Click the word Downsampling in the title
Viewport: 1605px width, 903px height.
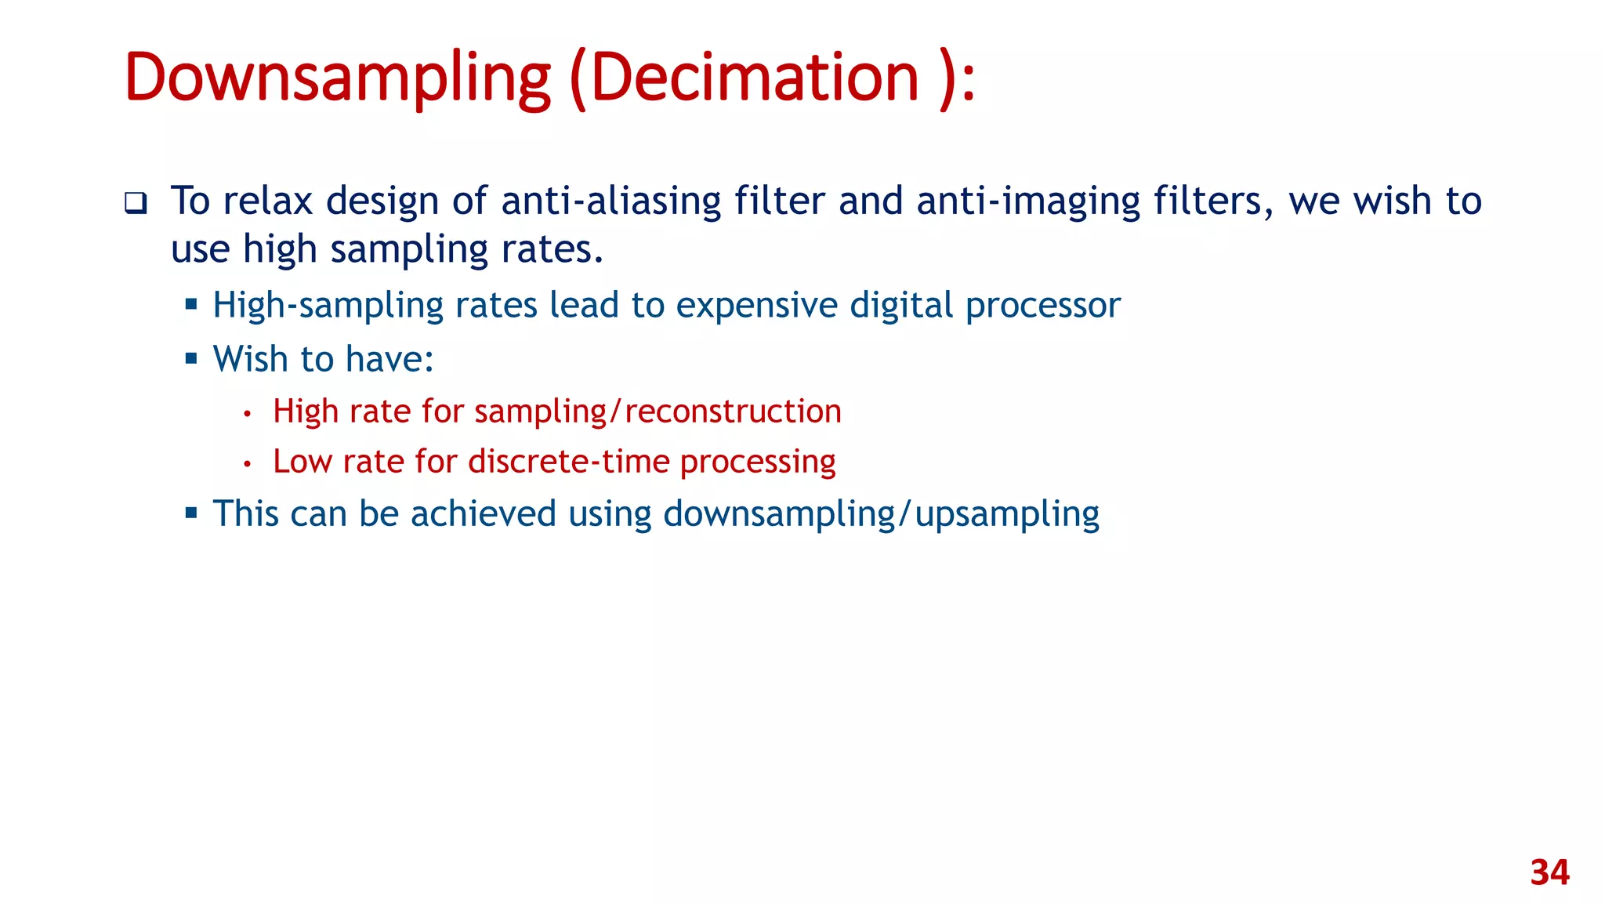[x=337, y=78]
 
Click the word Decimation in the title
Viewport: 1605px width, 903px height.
[x=754, y=78]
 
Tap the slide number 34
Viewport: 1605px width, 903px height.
[x=1549, y=872]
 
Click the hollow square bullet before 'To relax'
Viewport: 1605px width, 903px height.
[x=136, y=204]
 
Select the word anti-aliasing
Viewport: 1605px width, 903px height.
[x=610, y=201]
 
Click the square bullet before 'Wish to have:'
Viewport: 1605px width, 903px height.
[x=191, y=358]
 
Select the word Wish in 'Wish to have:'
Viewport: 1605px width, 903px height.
[x=250, y=359]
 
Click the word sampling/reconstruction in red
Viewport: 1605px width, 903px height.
[x=658, y=412]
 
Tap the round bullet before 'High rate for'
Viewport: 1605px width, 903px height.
[x=247, y=413]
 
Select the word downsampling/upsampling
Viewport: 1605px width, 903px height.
[x=881, y=515]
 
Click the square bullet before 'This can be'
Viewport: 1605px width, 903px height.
[x=191, y=513]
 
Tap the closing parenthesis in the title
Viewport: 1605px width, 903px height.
[x=947, y=78]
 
